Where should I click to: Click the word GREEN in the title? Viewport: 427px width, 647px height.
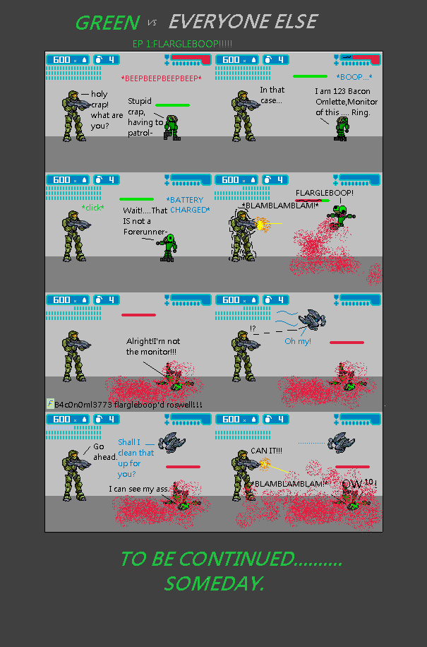107,23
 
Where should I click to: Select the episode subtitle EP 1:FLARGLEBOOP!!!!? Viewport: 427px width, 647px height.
182,44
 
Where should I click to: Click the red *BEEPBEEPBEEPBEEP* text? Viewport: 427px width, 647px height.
161,78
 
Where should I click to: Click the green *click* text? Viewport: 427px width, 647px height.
92,208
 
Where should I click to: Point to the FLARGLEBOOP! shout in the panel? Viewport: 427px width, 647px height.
325,193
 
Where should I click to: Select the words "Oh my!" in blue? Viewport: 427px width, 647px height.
298,341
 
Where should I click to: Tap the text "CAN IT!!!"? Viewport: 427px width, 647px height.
266,451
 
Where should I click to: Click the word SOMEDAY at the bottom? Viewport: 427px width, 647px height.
214,584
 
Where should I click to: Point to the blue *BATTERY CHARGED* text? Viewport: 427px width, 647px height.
188,205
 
